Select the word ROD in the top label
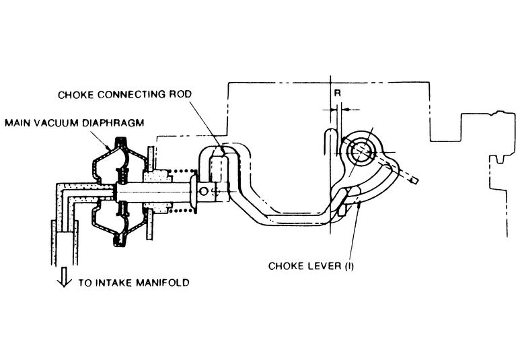[174, 94]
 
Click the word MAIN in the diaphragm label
[18, 124]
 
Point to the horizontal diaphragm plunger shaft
[161, 191]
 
